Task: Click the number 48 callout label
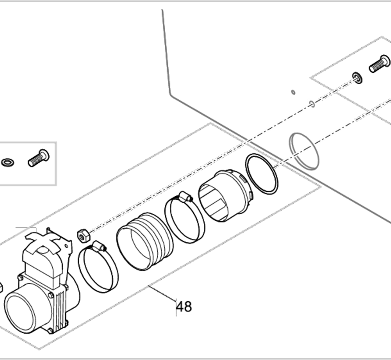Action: pyautogui.click(x=184, y=307)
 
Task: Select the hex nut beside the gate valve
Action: pyautogui.click(x=83, y=236)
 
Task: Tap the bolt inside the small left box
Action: pyautogui.click(x=39, y=158)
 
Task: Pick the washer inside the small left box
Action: pyautogui.click(x=8, y=163)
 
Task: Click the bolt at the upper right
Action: pyautogui.click(x=380, y=64)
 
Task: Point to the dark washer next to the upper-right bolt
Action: pyautogui.click(x=357, y=78)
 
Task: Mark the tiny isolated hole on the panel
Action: pyautogui.click(x=293, y=93)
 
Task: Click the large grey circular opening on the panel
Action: pyautogui.click(x=304, y=151)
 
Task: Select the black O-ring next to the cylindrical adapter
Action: pyautogui.click(x=262, y=174)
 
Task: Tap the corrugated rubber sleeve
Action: pyautogui.click(x=145, y=241)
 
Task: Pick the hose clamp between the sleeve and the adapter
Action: pyautogui.click(x=185, y=217)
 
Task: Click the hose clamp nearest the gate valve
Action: pyautogui.click(x=98, y=267)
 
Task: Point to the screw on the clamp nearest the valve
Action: pyautogui.click(x=99, y=246)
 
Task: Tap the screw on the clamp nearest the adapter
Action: pyautogui.click(x=186, y=197)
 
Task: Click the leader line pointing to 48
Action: pyautogui.click(x=163, y=294)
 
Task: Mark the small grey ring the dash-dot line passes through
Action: pyautogui.click(x=312, y=104)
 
